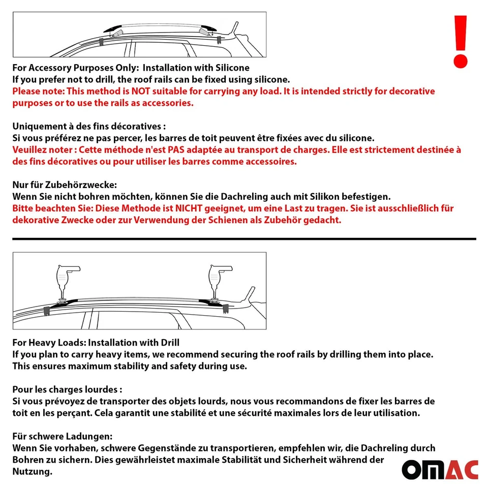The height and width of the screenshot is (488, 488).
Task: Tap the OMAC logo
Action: click(x=440, y=469)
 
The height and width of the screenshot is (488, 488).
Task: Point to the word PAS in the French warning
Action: click(x=190, y=150)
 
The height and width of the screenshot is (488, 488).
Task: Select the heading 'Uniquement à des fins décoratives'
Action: click(x=89, y=127)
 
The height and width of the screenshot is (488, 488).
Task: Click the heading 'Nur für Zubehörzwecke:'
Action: click(x=65, y=185)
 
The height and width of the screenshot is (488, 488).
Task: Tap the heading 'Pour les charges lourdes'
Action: click(x=67, y=389)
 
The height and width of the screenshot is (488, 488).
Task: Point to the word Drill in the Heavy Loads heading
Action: click(x=169, y=343)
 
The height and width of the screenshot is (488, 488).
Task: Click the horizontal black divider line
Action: click(x=244, y=238)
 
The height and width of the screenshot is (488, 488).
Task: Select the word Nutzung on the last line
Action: click(x=32, y=472)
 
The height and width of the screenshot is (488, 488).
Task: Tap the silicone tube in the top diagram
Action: click(x=116, y=33)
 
